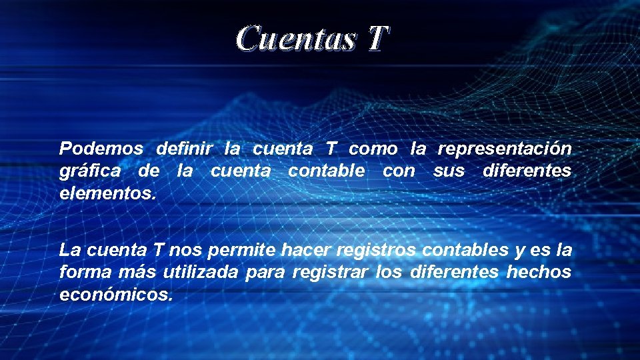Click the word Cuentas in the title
(295, 39)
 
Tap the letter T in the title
(375, 39)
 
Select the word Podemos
(101, 148)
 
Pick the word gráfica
(90, 172)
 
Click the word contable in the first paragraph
(326, 171)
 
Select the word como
(373, 148)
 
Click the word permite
(242, 251)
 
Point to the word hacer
(307, 251)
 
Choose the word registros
(377, 251)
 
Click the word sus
(449, 171)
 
